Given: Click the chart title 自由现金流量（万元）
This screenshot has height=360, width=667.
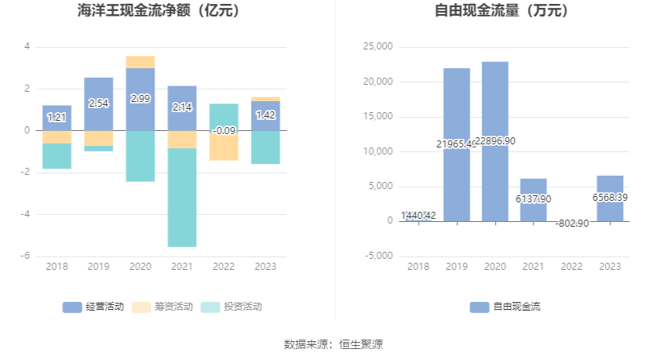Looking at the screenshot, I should coord(502,11).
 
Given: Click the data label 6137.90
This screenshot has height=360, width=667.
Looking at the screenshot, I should coord(534,199).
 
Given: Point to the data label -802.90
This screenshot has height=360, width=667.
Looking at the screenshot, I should coord(571,224).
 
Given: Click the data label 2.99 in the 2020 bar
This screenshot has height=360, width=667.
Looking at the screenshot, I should coord(140,99).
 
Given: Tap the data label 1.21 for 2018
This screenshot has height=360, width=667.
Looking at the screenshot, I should coord(56,118).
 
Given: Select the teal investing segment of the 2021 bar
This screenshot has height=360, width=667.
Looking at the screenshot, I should coord(182,198).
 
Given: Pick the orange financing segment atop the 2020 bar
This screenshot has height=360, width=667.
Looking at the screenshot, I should coord(140,62).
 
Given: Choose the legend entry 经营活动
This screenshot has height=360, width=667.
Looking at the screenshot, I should coord(93,307).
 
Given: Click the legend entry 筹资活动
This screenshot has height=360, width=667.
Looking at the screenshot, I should coord(162,307).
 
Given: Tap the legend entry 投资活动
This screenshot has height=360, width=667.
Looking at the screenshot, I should coord(231,307).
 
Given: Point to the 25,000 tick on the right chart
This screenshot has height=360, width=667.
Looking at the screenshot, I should coord(378,47).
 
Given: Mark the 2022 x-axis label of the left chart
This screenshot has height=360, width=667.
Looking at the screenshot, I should coord(224,267).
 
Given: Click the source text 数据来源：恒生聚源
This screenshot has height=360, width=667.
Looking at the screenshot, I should coord(333,344).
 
